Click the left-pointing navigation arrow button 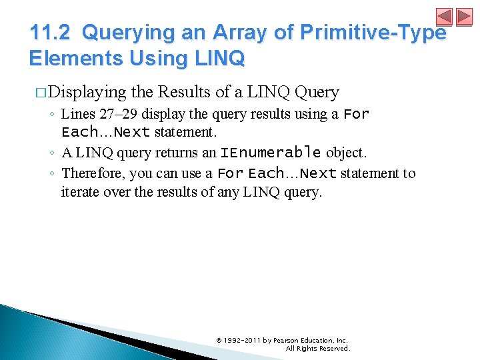click(x=444, y=17)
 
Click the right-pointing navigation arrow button click(x=463, y=17)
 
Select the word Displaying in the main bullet click(x=87, y=92)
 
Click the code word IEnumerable click(x=271, y=153)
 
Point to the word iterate click(x=79, y=193)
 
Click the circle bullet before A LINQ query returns click(x=53, y=153)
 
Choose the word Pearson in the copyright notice click(x=286, y=341)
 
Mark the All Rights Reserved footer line click(x=317, y=349)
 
